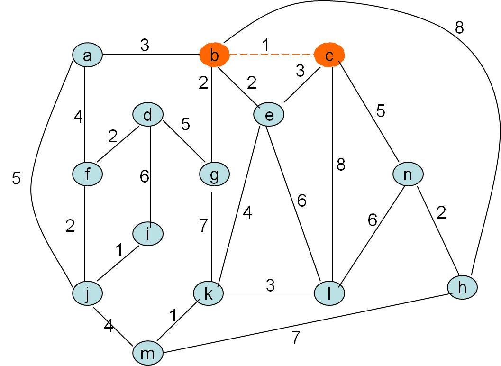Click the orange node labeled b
[x=214, y=55]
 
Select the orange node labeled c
[x=329, y=55]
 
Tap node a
[x=87, y=55]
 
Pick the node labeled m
[x=148, y=353]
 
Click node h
[x=462, y=287]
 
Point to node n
[x=408, y=174]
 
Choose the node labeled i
[x=148, y=234]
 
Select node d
[x=148, y=115]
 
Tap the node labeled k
[x=208, y=294]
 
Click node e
[x=269, y=115]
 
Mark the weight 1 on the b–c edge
[x=265, y=45]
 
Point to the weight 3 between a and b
[x=145, y=45]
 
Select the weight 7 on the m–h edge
[x=295, y=338]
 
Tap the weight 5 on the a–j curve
[x=17, y=179]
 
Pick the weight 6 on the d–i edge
[x=144, y=176]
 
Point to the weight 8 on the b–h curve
[x=459, y=28]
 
